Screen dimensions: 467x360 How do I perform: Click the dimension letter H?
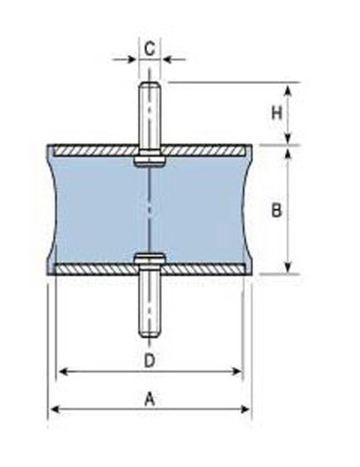pos(276,114)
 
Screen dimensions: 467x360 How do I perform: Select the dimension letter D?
pos(149,360)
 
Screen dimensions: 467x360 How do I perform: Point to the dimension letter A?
pos(149,398)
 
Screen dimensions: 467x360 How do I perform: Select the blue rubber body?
pos(97,209)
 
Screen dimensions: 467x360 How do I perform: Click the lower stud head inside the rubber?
pos(150,259)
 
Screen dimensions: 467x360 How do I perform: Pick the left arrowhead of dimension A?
pos(53,409)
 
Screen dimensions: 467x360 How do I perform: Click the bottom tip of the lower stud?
pos(150,337)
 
